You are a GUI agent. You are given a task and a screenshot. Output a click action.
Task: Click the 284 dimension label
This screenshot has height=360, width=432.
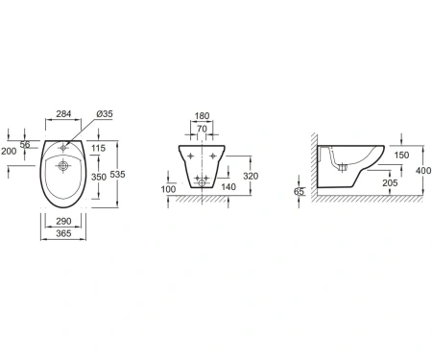click(x=63, y=113)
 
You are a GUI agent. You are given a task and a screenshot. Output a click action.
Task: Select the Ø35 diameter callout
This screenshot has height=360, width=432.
click(x=105, y=113)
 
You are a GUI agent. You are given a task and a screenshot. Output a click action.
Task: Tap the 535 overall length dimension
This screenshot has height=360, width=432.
click(x=117, y=175)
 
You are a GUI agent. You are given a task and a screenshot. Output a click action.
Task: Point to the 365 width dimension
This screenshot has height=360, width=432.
click(x=63, y=233)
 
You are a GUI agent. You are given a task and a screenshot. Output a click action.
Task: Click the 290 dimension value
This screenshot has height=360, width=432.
click(x=63, y=221)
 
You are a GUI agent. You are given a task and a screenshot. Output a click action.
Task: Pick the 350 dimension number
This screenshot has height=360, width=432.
click(x=99, y=177)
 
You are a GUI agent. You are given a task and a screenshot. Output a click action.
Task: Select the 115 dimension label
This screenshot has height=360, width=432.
click(x=98, y=148)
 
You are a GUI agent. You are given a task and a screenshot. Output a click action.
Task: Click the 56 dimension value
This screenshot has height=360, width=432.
click(x=25, y=145)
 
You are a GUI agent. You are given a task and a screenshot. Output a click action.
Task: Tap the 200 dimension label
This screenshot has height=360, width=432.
click(x=9, y=151)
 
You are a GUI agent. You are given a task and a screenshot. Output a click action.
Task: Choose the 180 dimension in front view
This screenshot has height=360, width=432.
click(x=202, y=116)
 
